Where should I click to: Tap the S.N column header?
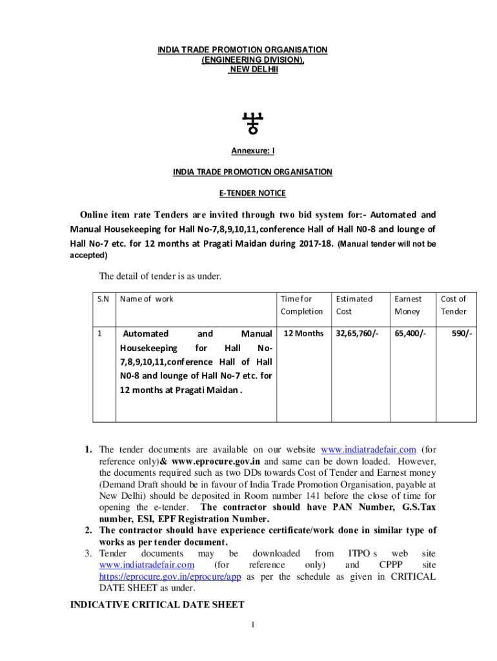tap(104, 299)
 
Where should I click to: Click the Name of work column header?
tap(147, 299)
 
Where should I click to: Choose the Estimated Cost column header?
tap(354, 305)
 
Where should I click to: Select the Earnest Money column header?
tap(408, 305)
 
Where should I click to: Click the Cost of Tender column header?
tap(453, 305)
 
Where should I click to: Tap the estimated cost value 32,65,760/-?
tap(358, 334)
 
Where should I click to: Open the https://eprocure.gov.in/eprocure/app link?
tap(170, 576)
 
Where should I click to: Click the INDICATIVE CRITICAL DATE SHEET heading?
tap(157, 605)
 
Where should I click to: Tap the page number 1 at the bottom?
tap(254, 625)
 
